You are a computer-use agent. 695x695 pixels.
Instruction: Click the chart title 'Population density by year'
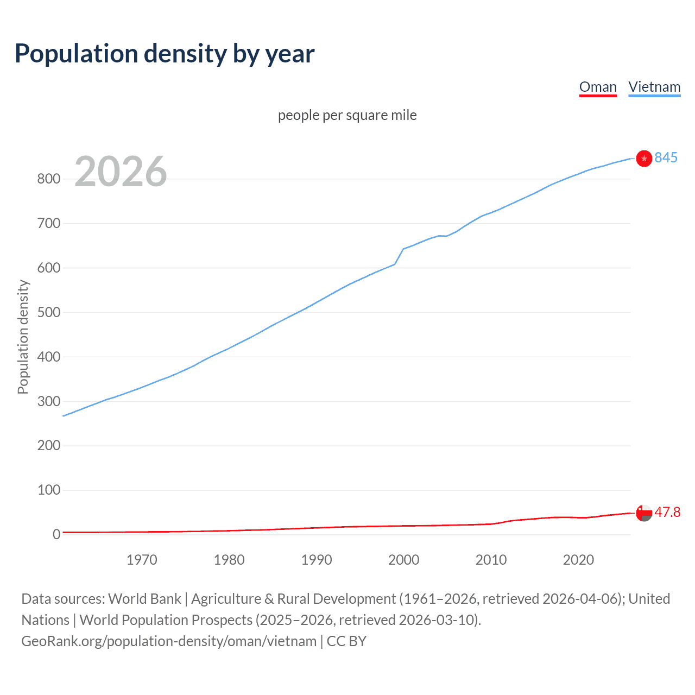165,54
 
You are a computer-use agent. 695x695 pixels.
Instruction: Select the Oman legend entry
598,87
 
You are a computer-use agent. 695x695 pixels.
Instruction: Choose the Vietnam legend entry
654,87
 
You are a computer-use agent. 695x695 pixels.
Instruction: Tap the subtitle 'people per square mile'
347,115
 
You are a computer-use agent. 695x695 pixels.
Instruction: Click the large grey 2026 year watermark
121,172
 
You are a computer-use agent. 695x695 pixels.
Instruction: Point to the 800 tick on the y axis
48,179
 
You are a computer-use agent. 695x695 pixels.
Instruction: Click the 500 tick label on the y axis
48,313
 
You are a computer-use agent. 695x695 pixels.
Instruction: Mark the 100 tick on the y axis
48,490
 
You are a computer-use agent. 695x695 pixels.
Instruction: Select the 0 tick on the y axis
56,535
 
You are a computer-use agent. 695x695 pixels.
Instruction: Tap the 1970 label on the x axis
142,560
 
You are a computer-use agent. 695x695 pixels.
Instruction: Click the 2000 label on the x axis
403,560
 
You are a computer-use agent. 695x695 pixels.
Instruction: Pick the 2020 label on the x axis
578,560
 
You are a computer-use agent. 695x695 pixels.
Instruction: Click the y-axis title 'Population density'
23,337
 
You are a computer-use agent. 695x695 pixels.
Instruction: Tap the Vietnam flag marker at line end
644,158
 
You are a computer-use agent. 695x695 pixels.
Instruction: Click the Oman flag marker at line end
644,513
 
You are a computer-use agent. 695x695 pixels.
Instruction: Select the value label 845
666,157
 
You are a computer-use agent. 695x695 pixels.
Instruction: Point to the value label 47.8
667,513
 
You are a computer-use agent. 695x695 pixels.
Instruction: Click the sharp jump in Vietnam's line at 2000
399,256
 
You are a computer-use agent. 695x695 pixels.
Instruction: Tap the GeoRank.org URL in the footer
169,641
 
